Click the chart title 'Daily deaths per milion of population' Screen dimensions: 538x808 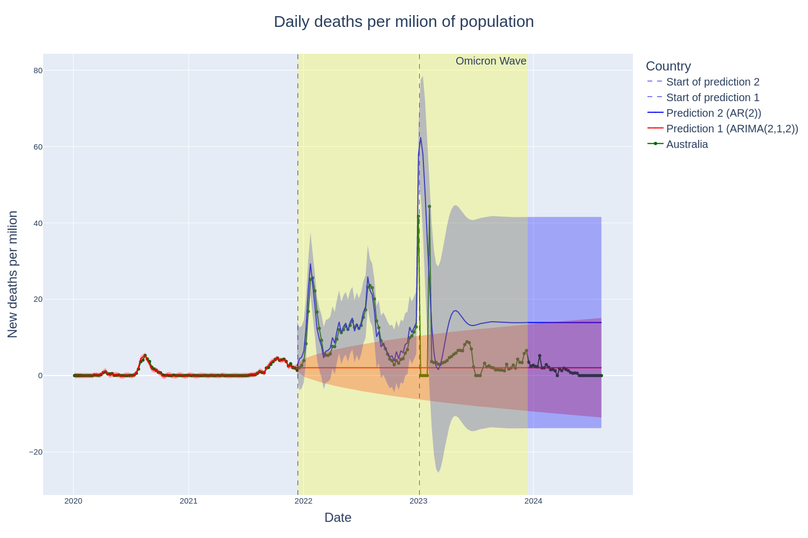(403, 22)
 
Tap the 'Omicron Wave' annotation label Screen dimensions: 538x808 (491, 61)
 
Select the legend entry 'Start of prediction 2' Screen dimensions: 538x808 (712, 82)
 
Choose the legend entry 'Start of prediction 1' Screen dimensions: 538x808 (712, 97)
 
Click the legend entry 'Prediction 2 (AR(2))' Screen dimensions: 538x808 (713, 113)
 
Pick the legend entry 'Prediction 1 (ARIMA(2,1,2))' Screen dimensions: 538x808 (732, 129)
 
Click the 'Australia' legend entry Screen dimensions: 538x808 (687, 144)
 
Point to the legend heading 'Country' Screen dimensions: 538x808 (668, 66)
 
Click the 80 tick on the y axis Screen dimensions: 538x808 (38, 70)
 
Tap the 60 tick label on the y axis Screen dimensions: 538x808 (38, 147)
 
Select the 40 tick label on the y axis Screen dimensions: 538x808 (38, 223)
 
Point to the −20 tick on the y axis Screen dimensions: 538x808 (36, 452)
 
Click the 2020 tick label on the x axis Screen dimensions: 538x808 (73, 501)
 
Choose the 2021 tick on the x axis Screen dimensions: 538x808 (189, 501)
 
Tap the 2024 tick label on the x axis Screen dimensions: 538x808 (533, 501)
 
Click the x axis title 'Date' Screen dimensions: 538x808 (338, 518)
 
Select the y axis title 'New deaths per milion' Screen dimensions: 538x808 (13, 274)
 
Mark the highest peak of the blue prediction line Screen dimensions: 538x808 (421, 138)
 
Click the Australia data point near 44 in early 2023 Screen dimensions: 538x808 (429, 207)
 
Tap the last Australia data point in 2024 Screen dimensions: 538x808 (601, 376)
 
